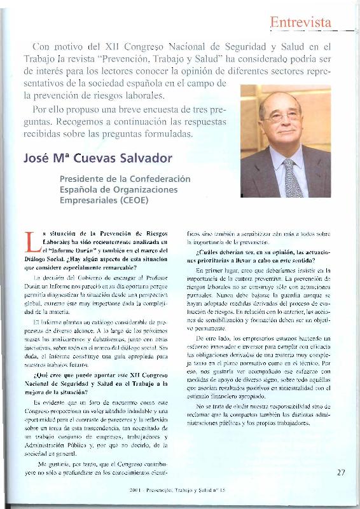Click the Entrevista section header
[301, 23]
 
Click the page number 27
[341, 472]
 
